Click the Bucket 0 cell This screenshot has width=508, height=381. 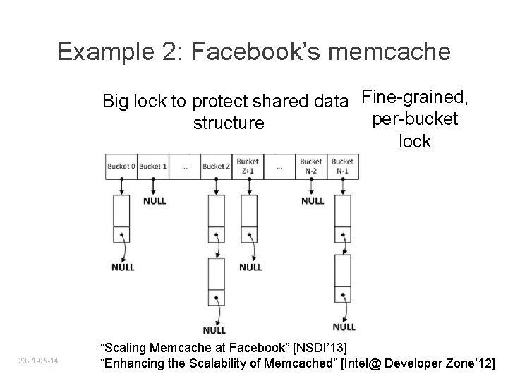coord(121,167)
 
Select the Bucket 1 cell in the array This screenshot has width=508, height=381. coord(153,167)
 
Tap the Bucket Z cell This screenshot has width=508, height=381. coord(216,167)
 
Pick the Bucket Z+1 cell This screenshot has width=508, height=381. coord(248,167)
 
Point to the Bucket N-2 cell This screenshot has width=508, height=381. coord(311,167)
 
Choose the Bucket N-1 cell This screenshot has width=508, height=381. coord(343,167)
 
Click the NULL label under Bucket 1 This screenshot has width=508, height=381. coord(154,200)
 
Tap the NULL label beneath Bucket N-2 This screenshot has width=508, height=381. coord(313,200)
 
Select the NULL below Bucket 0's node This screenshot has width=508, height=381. coord(122,267)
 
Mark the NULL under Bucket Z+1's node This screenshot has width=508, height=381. coord(250,267)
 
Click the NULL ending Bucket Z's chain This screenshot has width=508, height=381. coord(214,329)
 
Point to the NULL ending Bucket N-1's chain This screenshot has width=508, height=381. coord(344,327)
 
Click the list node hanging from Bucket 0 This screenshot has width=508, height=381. coord(121,218)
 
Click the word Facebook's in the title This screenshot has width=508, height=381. coord(275,52)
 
